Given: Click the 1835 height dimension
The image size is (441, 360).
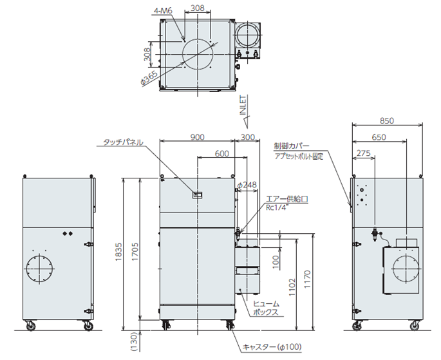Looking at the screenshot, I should point(117,255).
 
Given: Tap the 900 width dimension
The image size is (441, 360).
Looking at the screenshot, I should point(197,137).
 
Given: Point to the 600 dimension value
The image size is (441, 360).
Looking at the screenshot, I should point(221,154).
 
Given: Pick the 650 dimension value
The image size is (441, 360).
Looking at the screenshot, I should point(380,137).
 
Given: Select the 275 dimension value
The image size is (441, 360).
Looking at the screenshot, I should point(363,154).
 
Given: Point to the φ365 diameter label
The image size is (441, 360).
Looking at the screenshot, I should point(149,77).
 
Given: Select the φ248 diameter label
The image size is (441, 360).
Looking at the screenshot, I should point(247,185).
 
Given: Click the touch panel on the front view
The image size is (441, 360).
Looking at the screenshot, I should point(198,194).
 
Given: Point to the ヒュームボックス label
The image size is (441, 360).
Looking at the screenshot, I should point(265,308).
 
